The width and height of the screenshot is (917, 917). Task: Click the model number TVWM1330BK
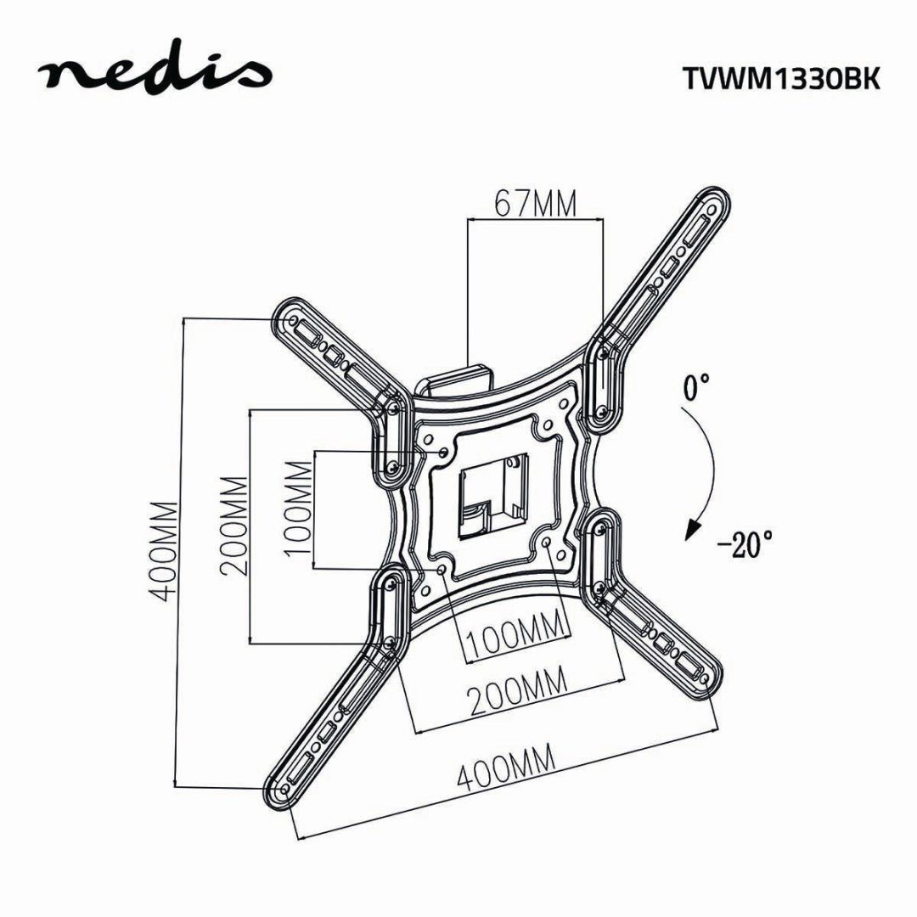point(780,78)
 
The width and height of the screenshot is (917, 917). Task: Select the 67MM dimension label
point(535,204)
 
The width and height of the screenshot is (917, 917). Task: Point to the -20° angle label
point(745,541)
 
